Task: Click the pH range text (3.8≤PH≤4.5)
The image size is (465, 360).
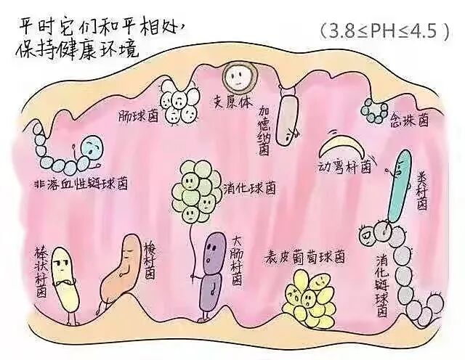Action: [x=383, y=31]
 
